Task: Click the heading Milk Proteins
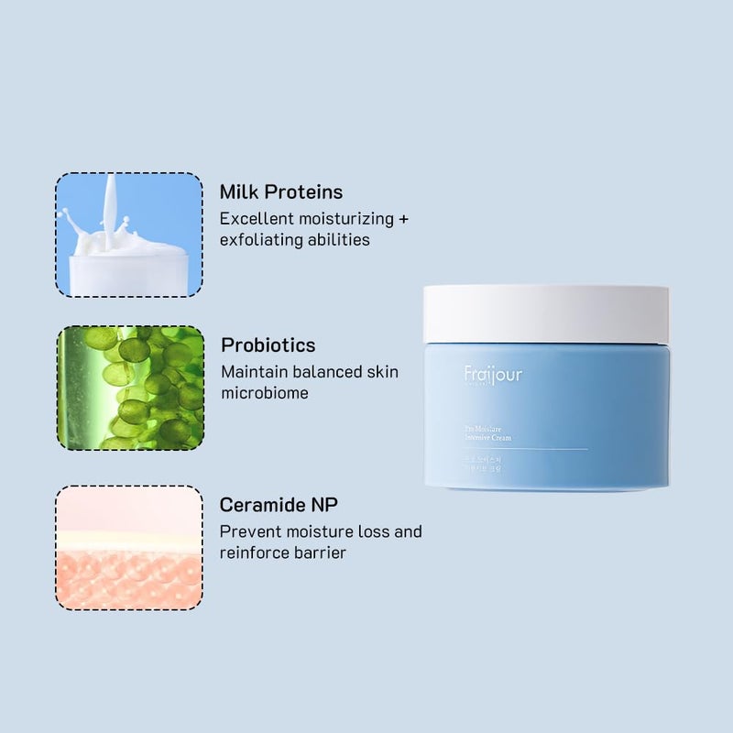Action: (x=281, y=192)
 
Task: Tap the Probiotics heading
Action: (x=268, y=345)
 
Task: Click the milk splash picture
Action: (x=128, y=235)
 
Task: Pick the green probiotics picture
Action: (x=130, y=388)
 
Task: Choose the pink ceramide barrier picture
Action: (x=128, y=548)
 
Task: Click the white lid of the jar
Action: (x=546, y=314)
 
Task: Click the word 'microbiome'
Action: (x=265, y=393)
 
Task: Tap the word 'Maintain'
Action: (x=252, y=372)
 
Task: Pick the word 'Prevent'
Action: (x=248, y=531)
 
